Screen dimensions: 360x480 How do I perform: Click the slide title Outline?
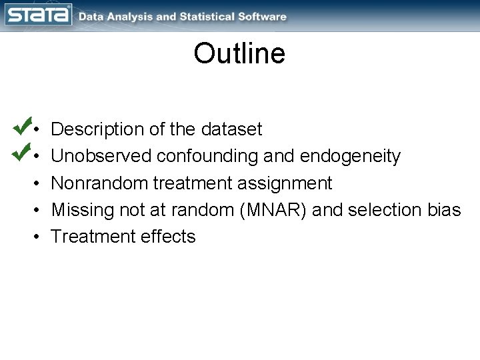[x=239, y=54]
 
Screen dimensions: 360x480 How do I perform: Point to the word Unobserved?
[x=101, y=156]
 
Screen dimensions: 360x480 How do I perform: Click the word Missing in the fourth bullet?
[x=85, y=209]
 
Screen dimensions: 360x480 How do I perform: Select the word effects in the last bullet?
[x=169, y=237]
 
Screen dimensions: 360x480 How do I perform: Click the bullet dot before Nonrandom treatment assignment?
[x=39, y=183]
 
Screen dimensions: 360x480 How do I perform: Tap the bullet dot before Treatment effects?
[x=39, y=237]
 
